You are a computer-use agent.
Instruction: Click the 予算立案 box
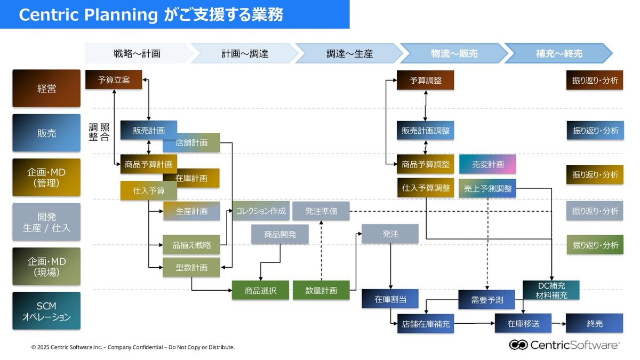(114, 80)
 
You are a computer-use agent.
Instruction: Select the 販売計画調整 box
(425, 131)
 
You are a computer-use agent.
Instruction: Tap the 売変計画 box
(487, 164)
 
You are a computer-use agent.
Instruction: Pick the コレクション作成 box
(261, 211)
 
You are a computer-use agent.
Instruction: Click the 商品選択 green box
(260, 290)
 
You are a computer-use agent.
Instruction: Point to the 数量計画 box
(321, 290)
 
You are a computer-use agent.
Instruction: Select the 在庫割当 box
(390, 299)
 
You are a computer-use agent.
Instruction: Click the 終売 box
(594, 323)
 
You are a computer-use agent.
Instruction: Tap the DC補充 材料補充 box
(550, 290)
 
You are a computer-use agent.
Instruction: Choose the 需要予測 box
(486, 300)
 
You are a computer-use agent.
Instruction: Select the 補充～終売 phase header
(558, 53)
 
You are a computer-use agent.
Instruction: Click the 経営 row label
(46, 89)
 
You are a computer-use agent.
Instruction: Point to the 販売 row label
(46, 133)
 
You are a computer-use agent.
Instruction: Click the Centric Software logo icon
(518, 345)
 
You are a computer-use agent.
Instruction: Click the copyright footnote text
(133, 347)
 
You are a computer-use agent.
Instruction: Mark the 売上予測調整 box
(487, 188)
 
